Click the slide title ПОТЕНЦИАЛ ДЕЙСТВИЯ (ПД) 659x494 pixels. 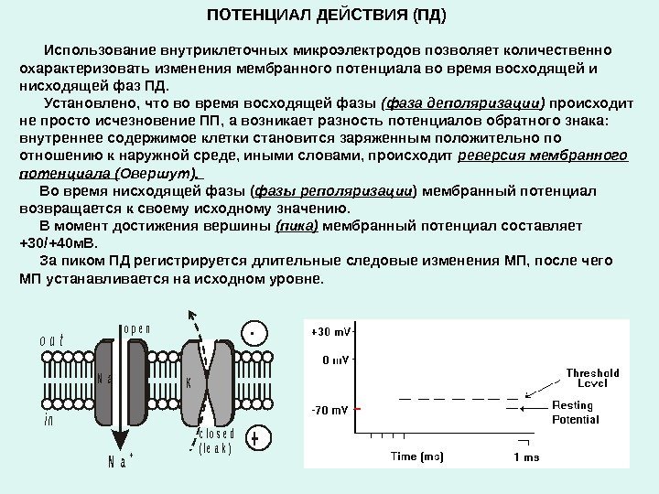click(328, 16)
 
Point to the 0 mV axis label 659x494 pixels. click(334, 360)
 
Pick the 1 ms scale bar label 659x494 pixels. click(526, 456)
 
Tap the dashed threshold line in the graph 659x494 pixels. click(458, 399)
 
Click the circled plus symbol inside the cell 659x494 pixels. click(255, 440)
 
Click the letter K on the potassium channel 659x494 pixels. click(189, 383)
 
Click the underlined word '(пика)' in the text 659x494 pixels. click(297, 225)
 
